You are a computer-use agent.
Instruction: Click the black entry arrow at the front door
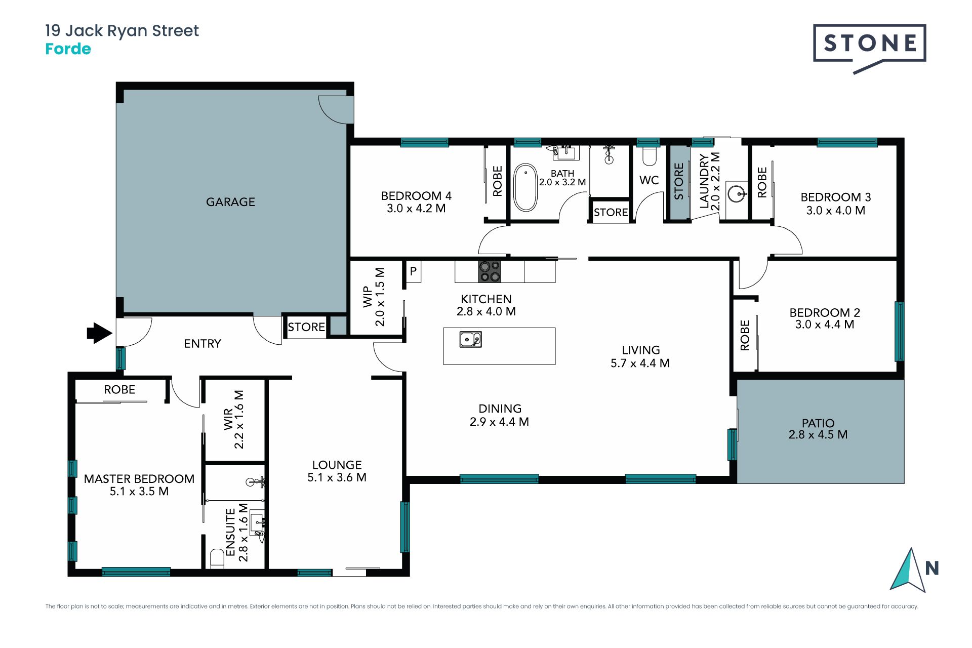[x=99, y=333]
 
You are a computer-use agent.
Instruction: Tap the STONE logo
[x=869, y=48]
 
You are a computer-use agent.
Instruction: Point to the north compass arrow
[x=909, y=570]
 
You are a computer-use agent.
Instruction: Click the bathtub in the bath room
[x=525, y=187]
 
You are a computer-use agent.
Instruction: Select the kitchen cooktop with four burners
[x=489, y=271]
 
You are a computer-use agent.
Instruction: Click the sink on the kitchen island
[x=470, y=339]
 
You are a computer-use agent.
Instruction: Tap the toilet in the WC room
[x=649, y=156]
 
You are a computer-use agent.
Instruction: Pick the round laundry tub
[x=736, y=193]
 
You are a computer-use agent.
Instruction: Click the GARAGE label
[x=230, y=202]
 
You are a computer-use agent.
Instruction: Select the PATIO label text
[x=818, y=423]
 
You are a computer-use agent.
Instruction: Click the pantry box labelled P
[x=414, y=271]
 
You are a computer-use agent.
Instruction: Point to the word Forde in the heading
[x=68, y=49]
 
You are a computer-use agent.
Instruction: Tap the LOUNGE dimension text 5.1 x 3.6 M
[x=337, y=477]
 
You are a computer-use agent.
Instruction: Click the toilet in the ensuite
[x=217, y=558]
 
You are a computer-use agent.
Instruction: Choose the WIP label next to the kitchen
[x=368, y=297]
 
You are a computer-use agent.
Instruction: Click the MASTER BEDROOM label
[x=139, y=479]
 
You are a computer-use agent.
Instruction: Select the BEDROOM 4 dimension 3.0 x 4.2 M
[x=416, y=209]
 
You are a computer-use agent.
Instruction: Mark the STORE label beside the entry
[x=306, y=327]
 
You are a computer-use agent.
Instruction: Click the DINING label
[x=500, y=409]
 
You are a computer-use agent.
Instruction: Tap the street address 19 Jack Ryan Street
[x=122, y=31]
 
